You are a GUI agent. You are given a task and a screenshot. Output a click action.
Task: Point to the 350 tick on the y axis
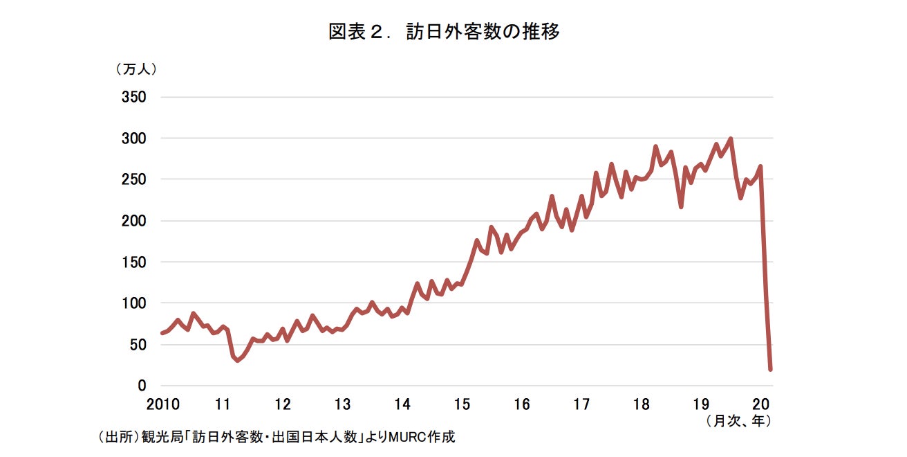click(135, 97)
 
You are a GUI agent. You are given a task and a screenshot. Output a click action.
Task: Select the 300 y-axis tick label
click(135, 138)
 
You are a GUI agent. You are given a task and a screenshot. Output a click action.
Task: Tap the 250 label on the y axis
click(135, 179)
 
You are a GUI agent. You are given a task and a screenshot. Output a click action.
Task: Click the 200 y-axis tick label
click(135, 221)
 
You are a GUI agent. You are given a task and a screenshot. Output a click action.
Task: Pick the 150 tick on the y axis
click(135, 262)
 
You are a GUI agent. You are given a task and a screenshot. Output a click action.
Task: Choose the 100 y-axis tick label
click(135, 303)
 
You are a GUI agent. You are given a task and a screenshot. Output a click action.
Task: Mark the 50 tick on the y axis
click(138, 344)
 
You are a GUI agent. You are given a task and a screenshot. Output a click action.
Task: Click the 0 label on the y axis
click(142, 386)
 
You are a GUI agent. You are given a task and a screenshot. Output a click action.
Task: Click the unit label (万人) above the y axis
click(136, 69)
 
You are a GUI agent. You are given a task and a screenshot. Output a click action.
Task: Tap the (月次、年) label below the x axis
click(738, 420)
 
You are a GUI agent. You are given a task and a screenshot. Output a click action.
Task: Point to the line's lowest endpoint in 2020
click(770, 369)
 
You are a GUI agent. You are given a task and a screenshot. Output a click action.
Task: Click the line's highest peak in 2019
click(731, 139)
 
